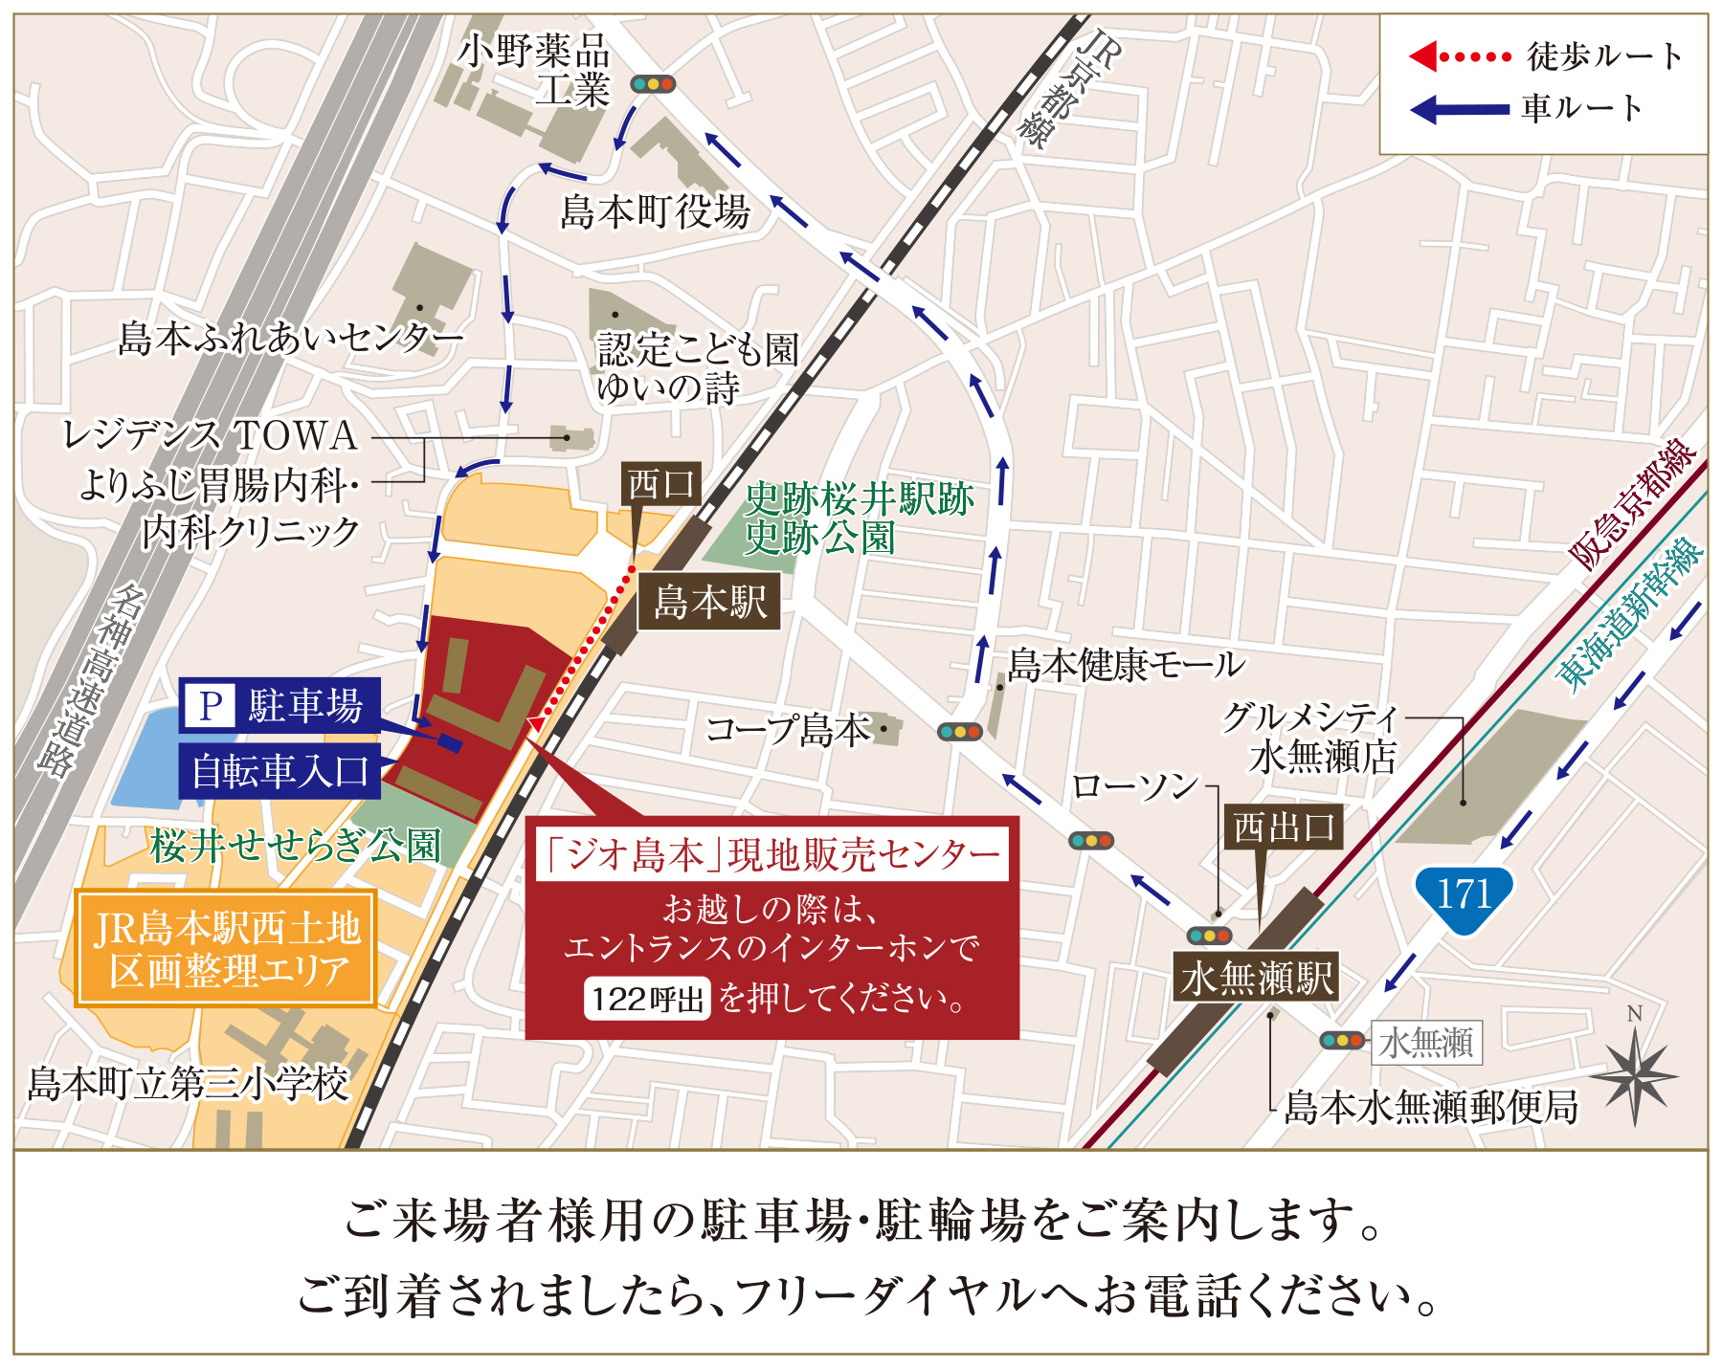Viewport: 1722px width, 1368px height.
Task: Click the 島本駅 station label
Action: (709, 602)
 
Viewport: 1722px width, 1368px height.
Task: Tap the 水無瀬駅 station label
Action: (1256, 978)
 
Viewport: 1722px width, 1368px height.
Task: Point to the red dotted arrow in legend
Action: (1460, 56)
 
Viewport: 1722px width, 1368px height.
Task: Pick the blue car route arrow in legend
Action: (1460, 109)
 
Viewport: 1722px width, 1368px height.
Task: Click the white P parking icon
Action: (210, 706)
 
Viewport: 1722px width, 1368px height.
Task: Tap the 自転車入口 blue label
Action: (280, 771)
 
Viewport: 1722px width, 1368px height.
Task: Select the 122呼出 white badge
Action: (647, 1000)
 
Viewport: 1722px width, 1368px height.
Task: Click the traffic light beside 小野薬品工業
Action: (653, 84)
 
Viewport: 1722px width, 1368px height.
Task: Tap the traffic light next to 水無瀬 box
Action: (1341, 1040)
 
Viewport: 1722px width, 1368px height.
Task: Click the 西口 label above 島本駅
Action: (661, 484)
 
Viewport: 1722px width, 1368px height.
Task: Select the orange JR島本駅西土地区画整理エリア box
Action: (226, 949)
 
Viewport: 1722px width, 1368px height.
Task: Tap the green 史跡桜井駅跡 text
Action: (859, 498)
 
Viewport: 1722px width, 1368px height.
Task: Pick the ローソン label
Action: (1134, 786)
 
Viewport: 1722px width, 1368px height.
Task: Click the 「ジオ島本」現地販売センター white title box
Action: (772, 854)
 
